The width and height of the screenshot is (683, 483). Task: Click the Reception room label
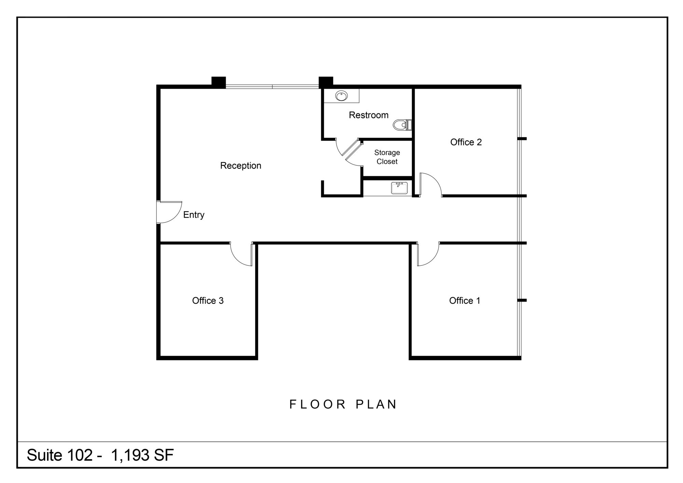[x=240, y=166]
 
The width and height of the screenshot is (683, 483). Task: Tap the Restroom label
[x=368, y=115]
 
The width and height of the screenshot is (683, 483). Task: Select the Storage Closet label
[x=387, y=157]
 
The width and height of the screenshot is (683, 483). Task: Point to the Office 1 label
[x=464, y=301]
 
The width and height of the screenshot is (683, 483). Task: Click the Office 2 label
[x=466, y=142]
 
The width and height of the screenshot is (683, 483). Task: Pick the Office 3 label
[x=208, y=301]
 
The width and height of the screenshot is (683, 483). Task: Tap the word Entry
[x=194, y=215]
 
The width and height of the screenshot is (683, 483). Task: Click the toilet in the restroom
[x=403, y=125]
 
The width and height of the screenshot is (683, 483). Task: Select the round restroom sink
[x=341, y=96]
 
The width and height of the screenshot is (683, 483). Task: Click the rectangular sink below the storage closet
[x=400, y=188]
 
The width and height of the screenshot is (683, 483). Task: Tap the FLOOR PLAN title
[x=343, y=404]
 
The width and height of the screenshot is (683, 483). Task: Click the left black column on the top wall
[x=219, y=82]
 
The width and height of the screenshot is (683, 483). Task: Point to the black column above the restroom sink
[x=326, y=82]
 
